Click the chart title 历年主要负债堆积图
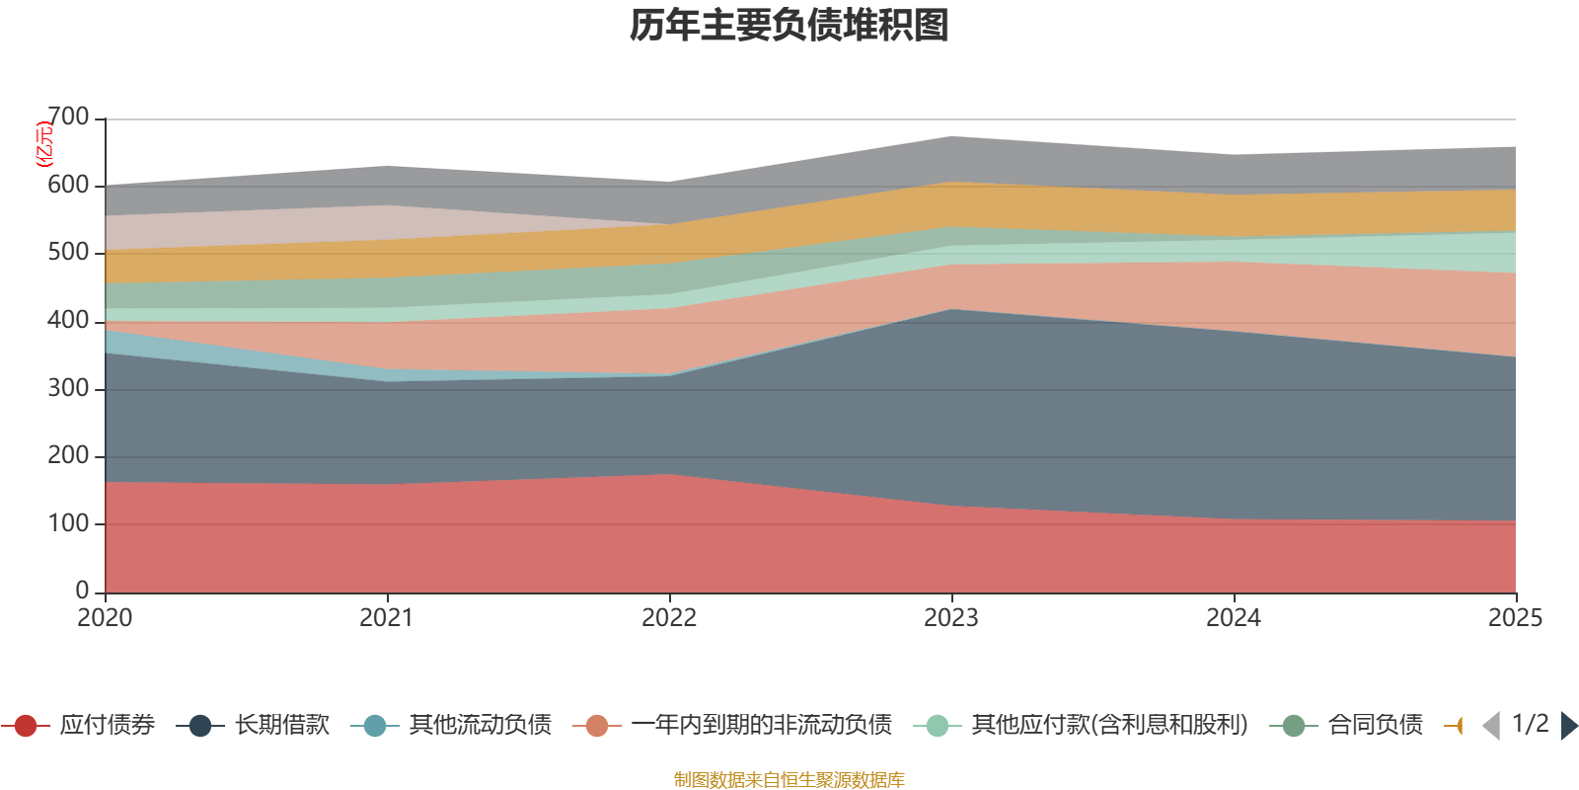point(789,26)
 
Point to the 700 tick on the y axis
point(68,118)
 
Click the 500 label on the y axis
point(68,253)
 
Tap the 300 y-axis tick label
point(68,388)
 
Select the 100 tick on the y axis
point(68,523)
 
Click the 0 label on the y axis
point(82,591)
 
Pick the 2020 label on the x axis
point(105,618)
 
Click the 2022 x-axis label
point(669,618)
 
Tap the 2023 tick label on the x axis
point(951,618)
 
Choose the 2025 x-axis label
point(1515,618)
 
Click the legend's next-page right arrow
point(1569,726)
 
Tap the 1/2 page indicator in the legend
point(1530,724)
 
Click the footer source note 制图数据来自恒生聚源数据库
point(789,780)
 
